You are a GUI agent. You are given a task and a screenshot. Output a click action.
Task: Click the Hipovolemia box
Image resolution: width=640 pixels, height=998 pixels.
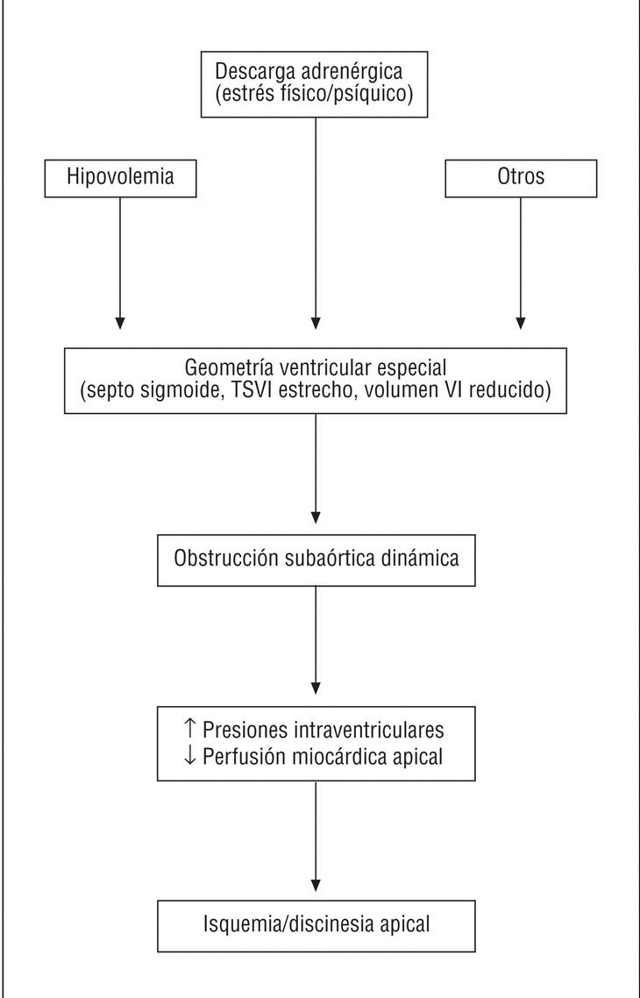[120, 178]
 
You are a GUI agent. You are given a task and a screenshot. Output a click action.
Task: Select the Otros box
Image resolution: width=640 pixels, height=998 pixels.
[521, 178]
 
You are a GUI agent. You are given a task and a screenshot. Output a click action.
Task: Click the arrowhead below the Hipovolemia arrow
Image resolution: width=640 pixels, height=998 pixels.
[120, 322]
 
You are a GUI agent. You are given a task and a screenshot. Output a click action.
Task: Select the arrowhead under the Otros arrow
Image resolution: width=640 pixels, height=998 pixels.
[521, 322]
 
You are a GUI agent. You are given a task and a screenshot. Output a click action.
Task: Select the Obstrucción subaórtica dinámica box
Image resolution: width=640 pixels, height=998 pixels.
[316, 558]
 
